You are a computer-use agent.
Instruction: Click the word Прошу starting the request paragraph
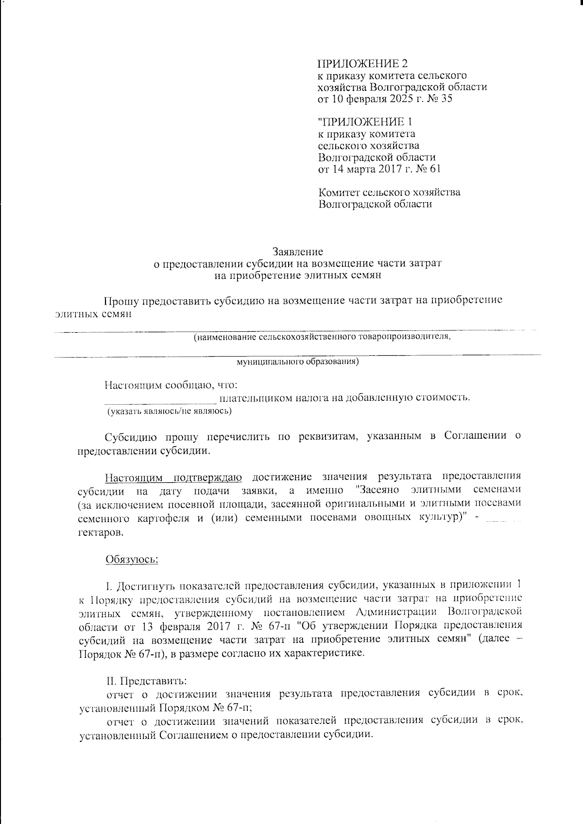click(120, 300)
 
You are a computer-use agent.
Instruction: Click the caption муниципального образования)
click(297, 361)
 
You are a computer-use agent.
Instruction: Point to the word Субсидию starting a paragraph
click(128, 436)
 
